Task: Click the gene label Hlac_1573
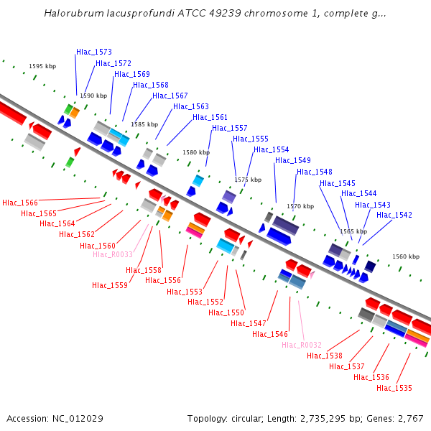click(94, 52)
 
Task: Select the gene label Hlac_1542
click(394, 215)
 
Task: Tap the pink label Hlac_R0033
click(113, 255)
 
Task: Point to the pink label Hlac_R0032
click(302, 346)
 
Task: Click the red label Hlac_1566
click(20, 203)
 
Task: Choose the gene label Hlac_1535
click(394, 389)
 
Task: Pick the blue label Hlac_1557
click(230, 129)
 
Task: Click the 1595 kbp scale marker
click(42, 66)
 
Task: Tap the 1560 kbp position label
click(406, 256)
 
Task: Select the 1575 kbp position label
click(248, 180)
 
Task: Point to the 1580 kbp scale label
click(196, 152)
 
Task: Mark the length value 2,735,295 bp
click(338, 419)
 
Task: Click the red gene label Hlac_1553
click(185, 292)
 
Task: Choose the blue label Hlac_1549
click(293, 161)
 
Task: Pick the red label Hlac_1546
click(270, 335)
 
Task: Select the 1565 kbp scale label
click(353, 231)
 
